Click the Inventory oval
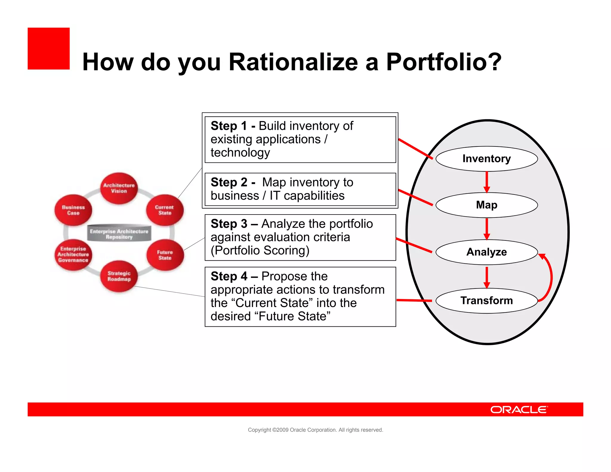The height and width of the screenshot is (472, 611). pyautogui.click(x=486, y=159)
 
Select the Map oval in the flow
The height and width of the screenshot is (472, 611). pyautogui.click(x=486, y=205)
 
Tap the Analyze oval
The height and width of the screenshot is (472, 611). pyautogui.click(x=486, y=252)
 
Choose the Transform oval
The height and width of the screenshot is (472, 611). pyautogui.click(x=486, y=300)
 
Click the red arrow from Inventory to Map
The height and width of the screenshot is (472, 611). pyautogui.click(x=487, y=181)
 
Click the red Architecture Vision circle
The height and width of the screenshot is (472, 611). pyautogui.click(x=119, y=188)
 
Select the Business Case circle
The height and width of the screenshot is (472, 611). pyautogui.click(x=73, y=210)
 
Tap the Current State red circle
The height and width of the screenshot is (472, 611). pyautogui.click(x=165, y=210)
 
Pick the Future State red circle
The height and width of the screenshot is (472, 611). pyautogui.click(x=165, y=255)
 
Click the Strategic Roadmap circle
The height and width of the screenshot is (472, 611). pyautogui.click(x=119, y=276)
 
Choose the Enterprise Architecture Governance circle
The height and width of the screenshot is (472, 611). pyautogui.click(x=73, y=254)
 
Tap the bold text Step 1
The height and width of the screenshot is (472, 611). pyautogui.click(x=229, y=126)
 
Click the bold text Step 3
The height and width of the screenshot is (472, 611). pyautogui.click(x=229, y=224)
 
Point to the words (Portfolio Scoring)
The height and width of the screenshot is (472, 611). pyautogui.click(x=260, y=251)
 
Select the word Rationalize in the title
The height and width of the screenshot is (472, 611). pyautogui.click(x=293, y=62)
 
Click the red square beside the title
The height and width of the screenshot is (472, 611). pyautogui.click(x=49, y=49)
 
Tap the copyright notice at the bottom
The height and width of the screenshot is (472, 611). pyautogui.click(x=315, y=430)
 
